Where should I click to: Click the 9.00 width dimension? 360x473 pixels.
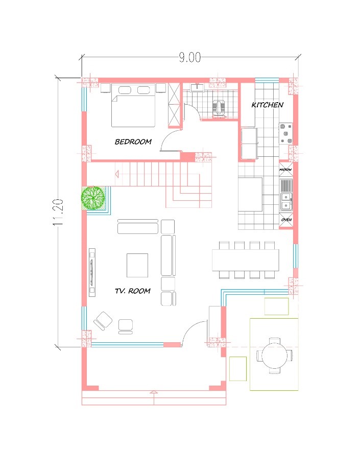point(189,57)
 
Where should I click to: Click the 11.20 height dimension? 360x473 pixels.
point(58,212)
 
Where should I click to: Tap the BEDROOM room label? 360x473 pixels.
point(133,141)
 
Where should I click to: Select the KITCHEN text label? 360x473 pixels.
point(268,105)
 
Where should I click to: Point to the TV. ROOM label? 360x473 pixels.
point(133,291)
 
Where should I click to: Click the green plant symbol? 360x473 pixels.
point(93,198)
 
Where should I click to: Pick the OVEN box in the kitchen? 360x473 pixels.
point(286,220)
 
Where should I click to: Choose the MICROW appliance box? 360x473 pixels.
point(285,170)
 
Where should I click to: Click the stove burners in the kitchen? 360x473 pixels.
point(285,133)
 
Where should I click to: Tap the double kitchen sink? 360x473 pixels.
point(286,201)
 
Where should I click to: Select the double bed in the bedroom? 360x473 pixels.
point(133,105)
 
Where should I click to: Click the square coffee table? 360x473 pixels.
point(137,265)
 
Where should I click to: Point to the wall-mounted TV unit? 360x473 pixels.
point(92,272)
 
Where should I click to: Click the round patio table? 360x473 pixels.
point(274,356)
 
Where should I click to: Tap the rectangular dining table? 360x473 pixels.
point(246,260)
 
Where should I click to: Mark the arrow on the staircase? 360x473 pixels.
point(117,174)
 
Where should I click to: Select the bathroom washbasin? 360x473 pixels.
point(198,87)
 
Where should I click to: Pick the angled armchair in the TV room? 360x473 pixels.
point(103,321)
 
